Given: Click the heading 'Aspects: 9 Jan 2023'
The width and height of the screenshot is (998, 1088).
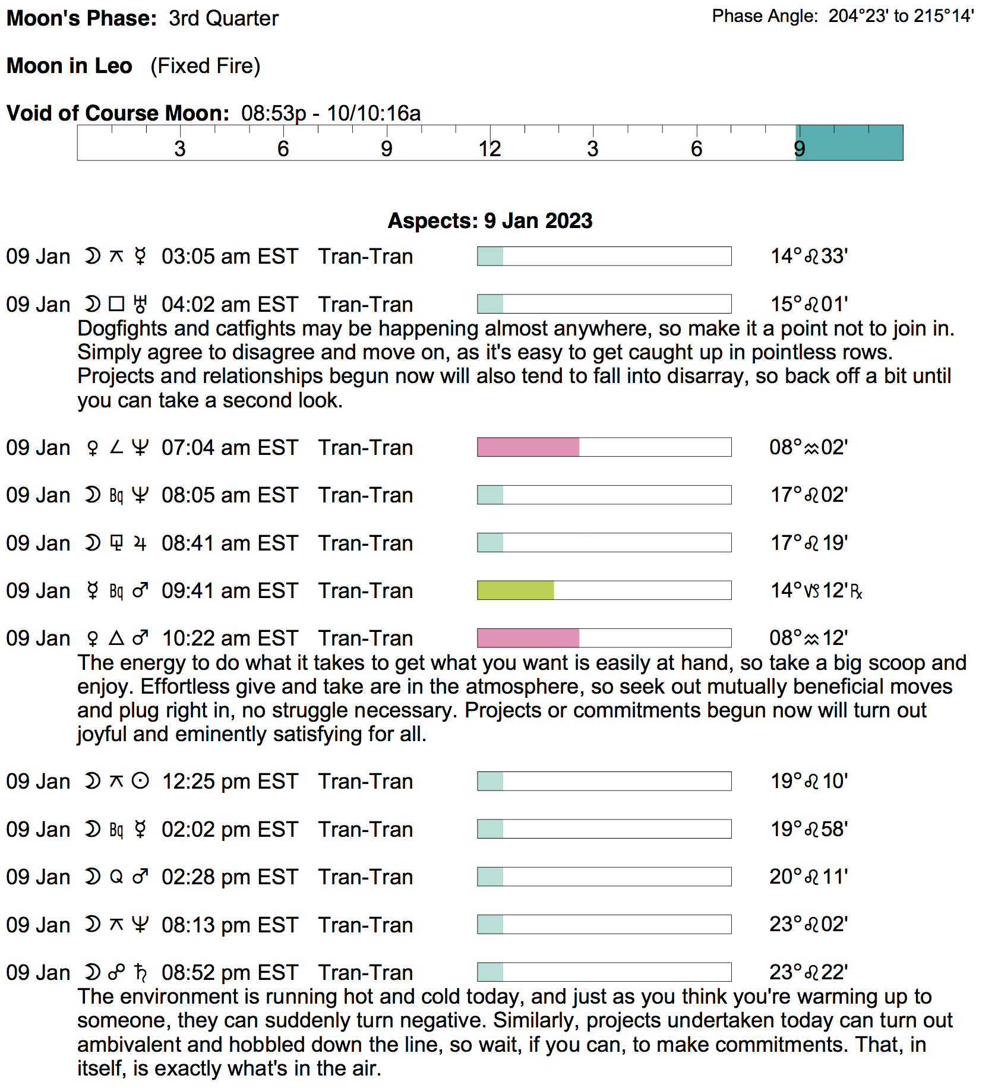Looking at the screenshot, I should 490,221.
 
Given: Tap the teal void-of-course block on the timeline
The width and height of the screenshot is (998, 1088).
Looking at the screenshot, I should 849,143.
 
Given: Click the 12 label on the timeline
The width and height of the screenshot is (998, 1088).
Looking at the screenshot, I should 489,148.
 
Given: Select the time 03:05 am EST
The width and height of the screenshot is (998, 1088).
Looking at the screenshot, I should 229,257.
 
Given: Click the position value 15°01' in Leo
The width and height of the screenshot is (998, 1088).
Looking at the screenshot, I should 808,305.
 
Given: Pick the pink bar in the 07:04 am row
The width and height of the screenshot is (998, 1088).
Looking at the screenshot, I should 528,447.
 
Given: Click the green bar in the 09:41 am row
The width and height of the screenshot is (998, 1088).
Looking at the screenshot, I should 516,590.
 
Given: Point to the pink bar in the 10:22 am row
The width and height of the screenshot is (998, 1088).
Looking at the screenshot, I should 528,638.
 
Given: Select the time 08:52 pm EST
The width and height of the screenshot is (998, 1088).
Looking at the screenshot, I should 229,973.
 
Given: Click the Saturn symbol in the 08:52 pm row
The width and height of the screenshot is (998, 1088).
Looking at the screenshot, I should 140,973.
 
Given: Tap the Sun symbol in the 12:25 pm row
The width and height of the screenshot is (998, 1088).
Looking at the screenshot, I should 140,782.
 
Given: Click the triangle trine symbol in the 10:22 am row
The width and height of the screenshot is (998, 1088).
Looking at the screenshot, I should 116,638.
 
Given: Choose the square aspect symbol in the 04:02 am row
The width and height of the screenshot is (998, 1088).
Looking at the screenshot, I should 116,305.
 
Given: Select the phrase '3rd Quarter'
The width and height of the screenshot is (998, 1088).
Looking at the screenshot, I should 223,18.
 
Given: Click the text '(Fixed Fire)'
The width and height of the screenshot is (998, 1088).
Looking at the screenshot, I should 205,66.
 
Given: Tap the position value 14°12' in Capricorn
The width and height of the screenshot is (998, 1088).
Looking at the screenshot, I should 815,590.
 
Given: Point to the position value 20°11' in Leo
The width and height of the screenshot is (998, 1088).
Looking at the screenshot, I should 808,877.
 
